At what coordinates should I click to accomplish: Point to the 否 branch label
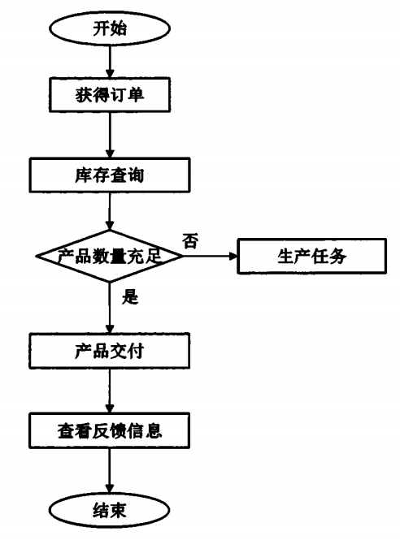(x=191, y=241)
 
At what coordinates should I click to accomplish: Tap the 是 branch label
(x=130, y=296)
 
